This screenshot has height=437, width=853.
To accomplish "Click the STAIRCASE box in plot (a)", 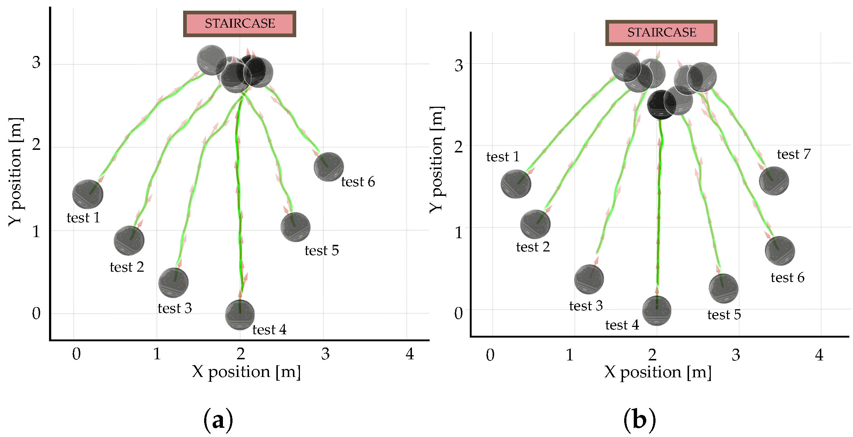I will click(240, 24).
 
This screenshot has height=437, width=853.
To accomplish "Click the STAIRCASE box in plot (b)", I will click(661, 33).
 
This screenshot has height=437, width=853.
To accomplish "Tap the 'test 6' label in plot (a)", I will click(358, 182).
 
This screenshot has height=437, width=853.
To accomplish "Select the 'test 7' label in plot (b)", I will click(794, 154).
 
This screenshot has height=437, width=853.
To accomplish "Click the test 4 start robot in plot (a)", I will click(240, 315).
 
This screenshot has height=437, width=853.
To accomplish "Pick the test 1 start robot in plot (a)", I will click(88, 194).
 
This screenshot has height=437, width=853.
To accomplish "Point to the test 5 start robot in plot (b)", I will click(723, 288).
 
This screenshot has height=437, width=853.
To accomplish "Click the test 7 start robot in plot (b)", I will click(774, 181).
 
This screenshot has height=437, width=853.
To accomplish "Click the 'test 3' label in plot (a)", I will click(175, 308).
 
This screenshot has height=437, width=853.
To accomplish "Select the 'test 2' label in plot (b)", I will click(533, 247).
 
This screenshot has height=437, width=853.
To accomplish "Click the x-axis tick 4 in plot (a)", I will click(410, 354).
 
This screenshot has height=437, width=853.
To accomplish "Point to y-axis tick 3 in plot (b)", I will click(458, 65).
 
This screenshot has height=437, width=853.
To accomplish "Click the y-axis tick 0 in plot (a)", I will click(36, 313).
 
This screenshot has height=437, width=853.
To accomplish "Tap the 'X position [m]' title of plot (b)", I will click(658, 372).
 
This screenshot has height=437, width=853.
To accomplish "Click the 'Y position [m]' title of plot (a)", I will click(15, 172).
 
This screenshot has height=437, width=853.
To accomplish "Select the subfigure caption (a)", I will click(218, 420).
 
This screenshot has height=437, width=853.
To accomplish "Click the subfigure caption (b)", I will click(639, 420).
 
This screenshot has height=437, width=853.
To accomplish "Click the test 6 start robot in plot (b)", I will click(780, 251).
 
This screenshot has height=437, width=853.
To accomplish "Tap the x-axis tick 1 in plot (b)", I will click(570, 355).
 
